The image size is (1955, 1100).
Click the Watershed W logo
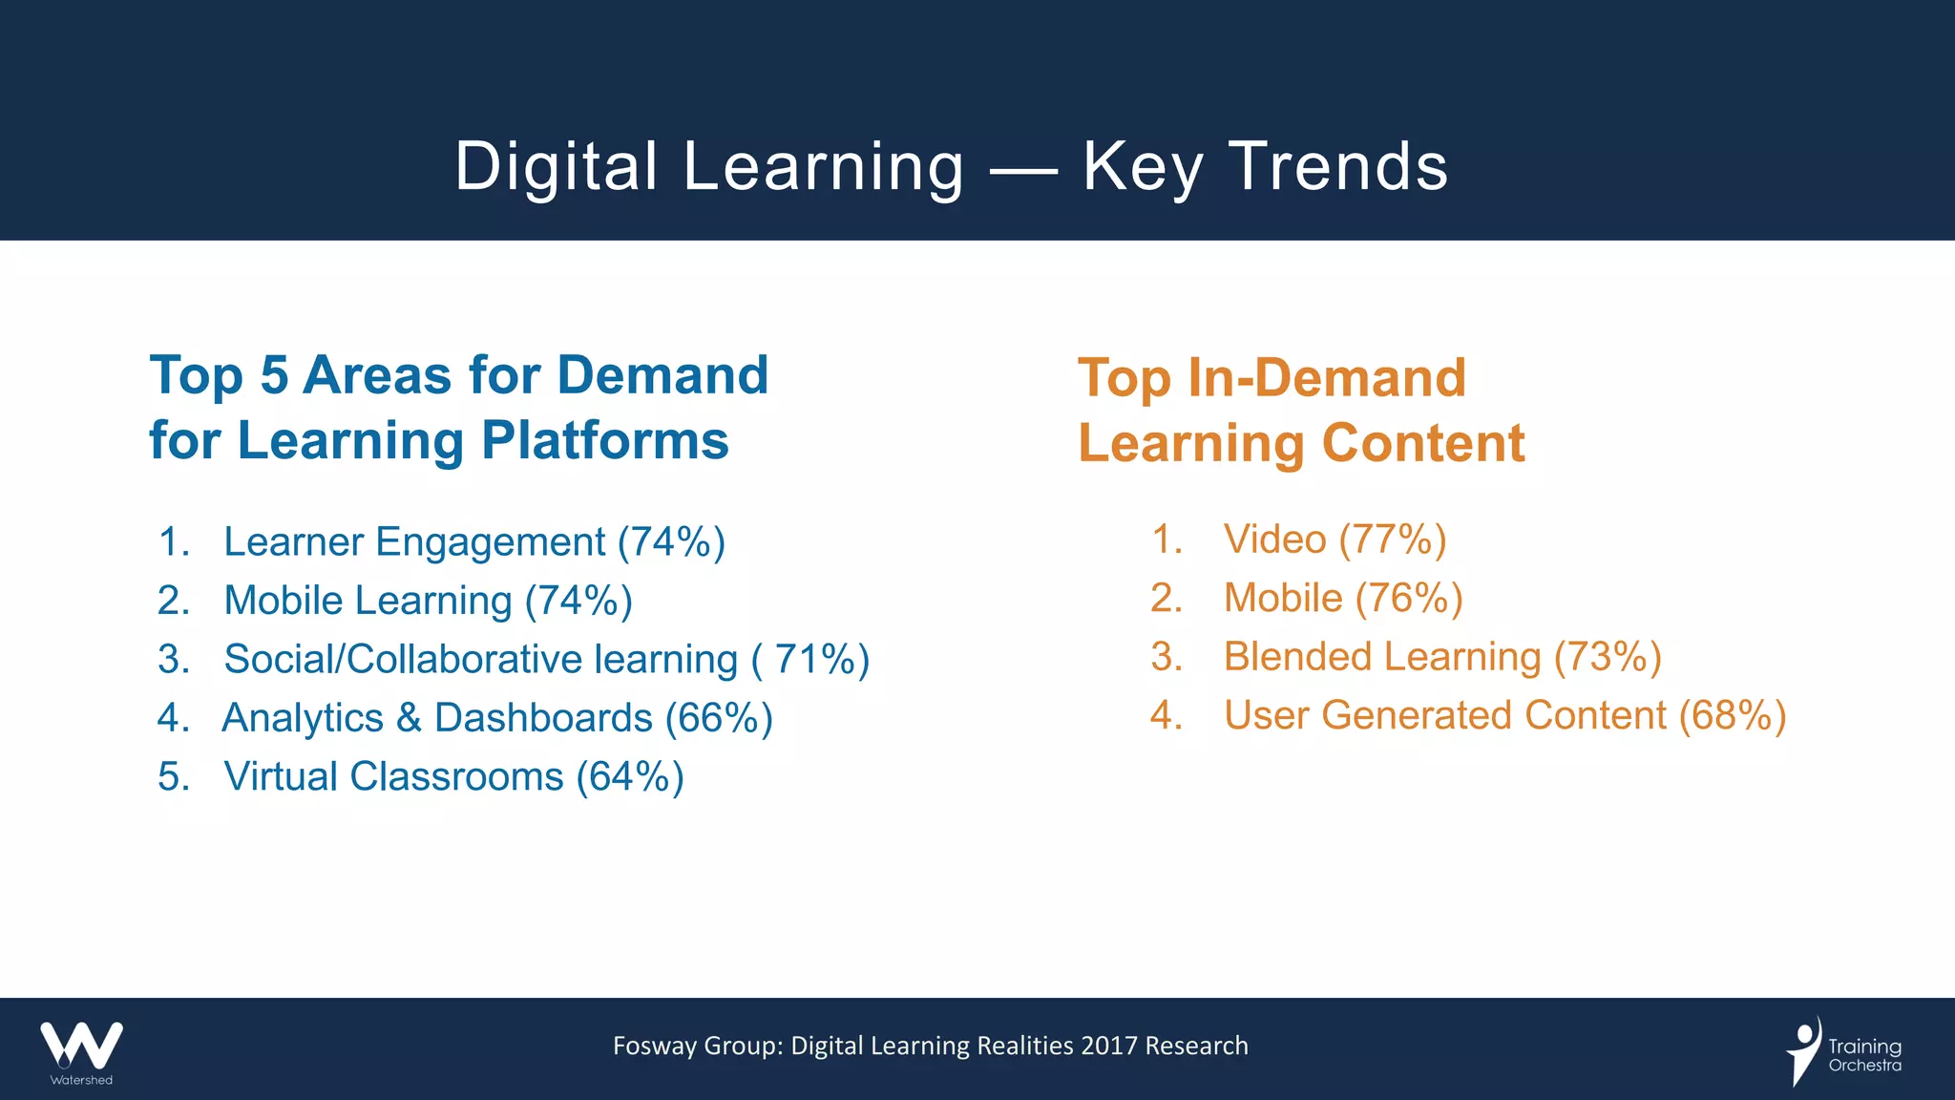(81, 1046)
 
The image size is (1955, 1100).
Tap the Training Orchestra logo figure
(1804, 1050)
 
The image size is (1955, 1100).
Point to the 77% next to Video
(1393, 539)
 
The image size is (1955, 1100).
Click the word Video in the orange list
(1274, 539)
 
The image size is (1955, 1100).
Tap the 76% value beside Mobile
(1409, 599)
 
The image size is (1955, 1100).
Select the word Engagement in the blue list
(490, 542)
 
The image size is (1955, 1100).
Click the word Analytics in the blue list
(303, 718)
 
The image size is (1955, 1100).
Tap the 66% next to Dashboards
(719, 718)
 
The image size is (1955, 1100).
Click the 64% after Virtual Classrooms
(630, 777)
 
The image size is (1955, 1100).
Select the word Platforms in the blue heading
(605, 440)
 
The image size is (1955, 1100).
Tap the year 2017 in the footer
(1109, 1047)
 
